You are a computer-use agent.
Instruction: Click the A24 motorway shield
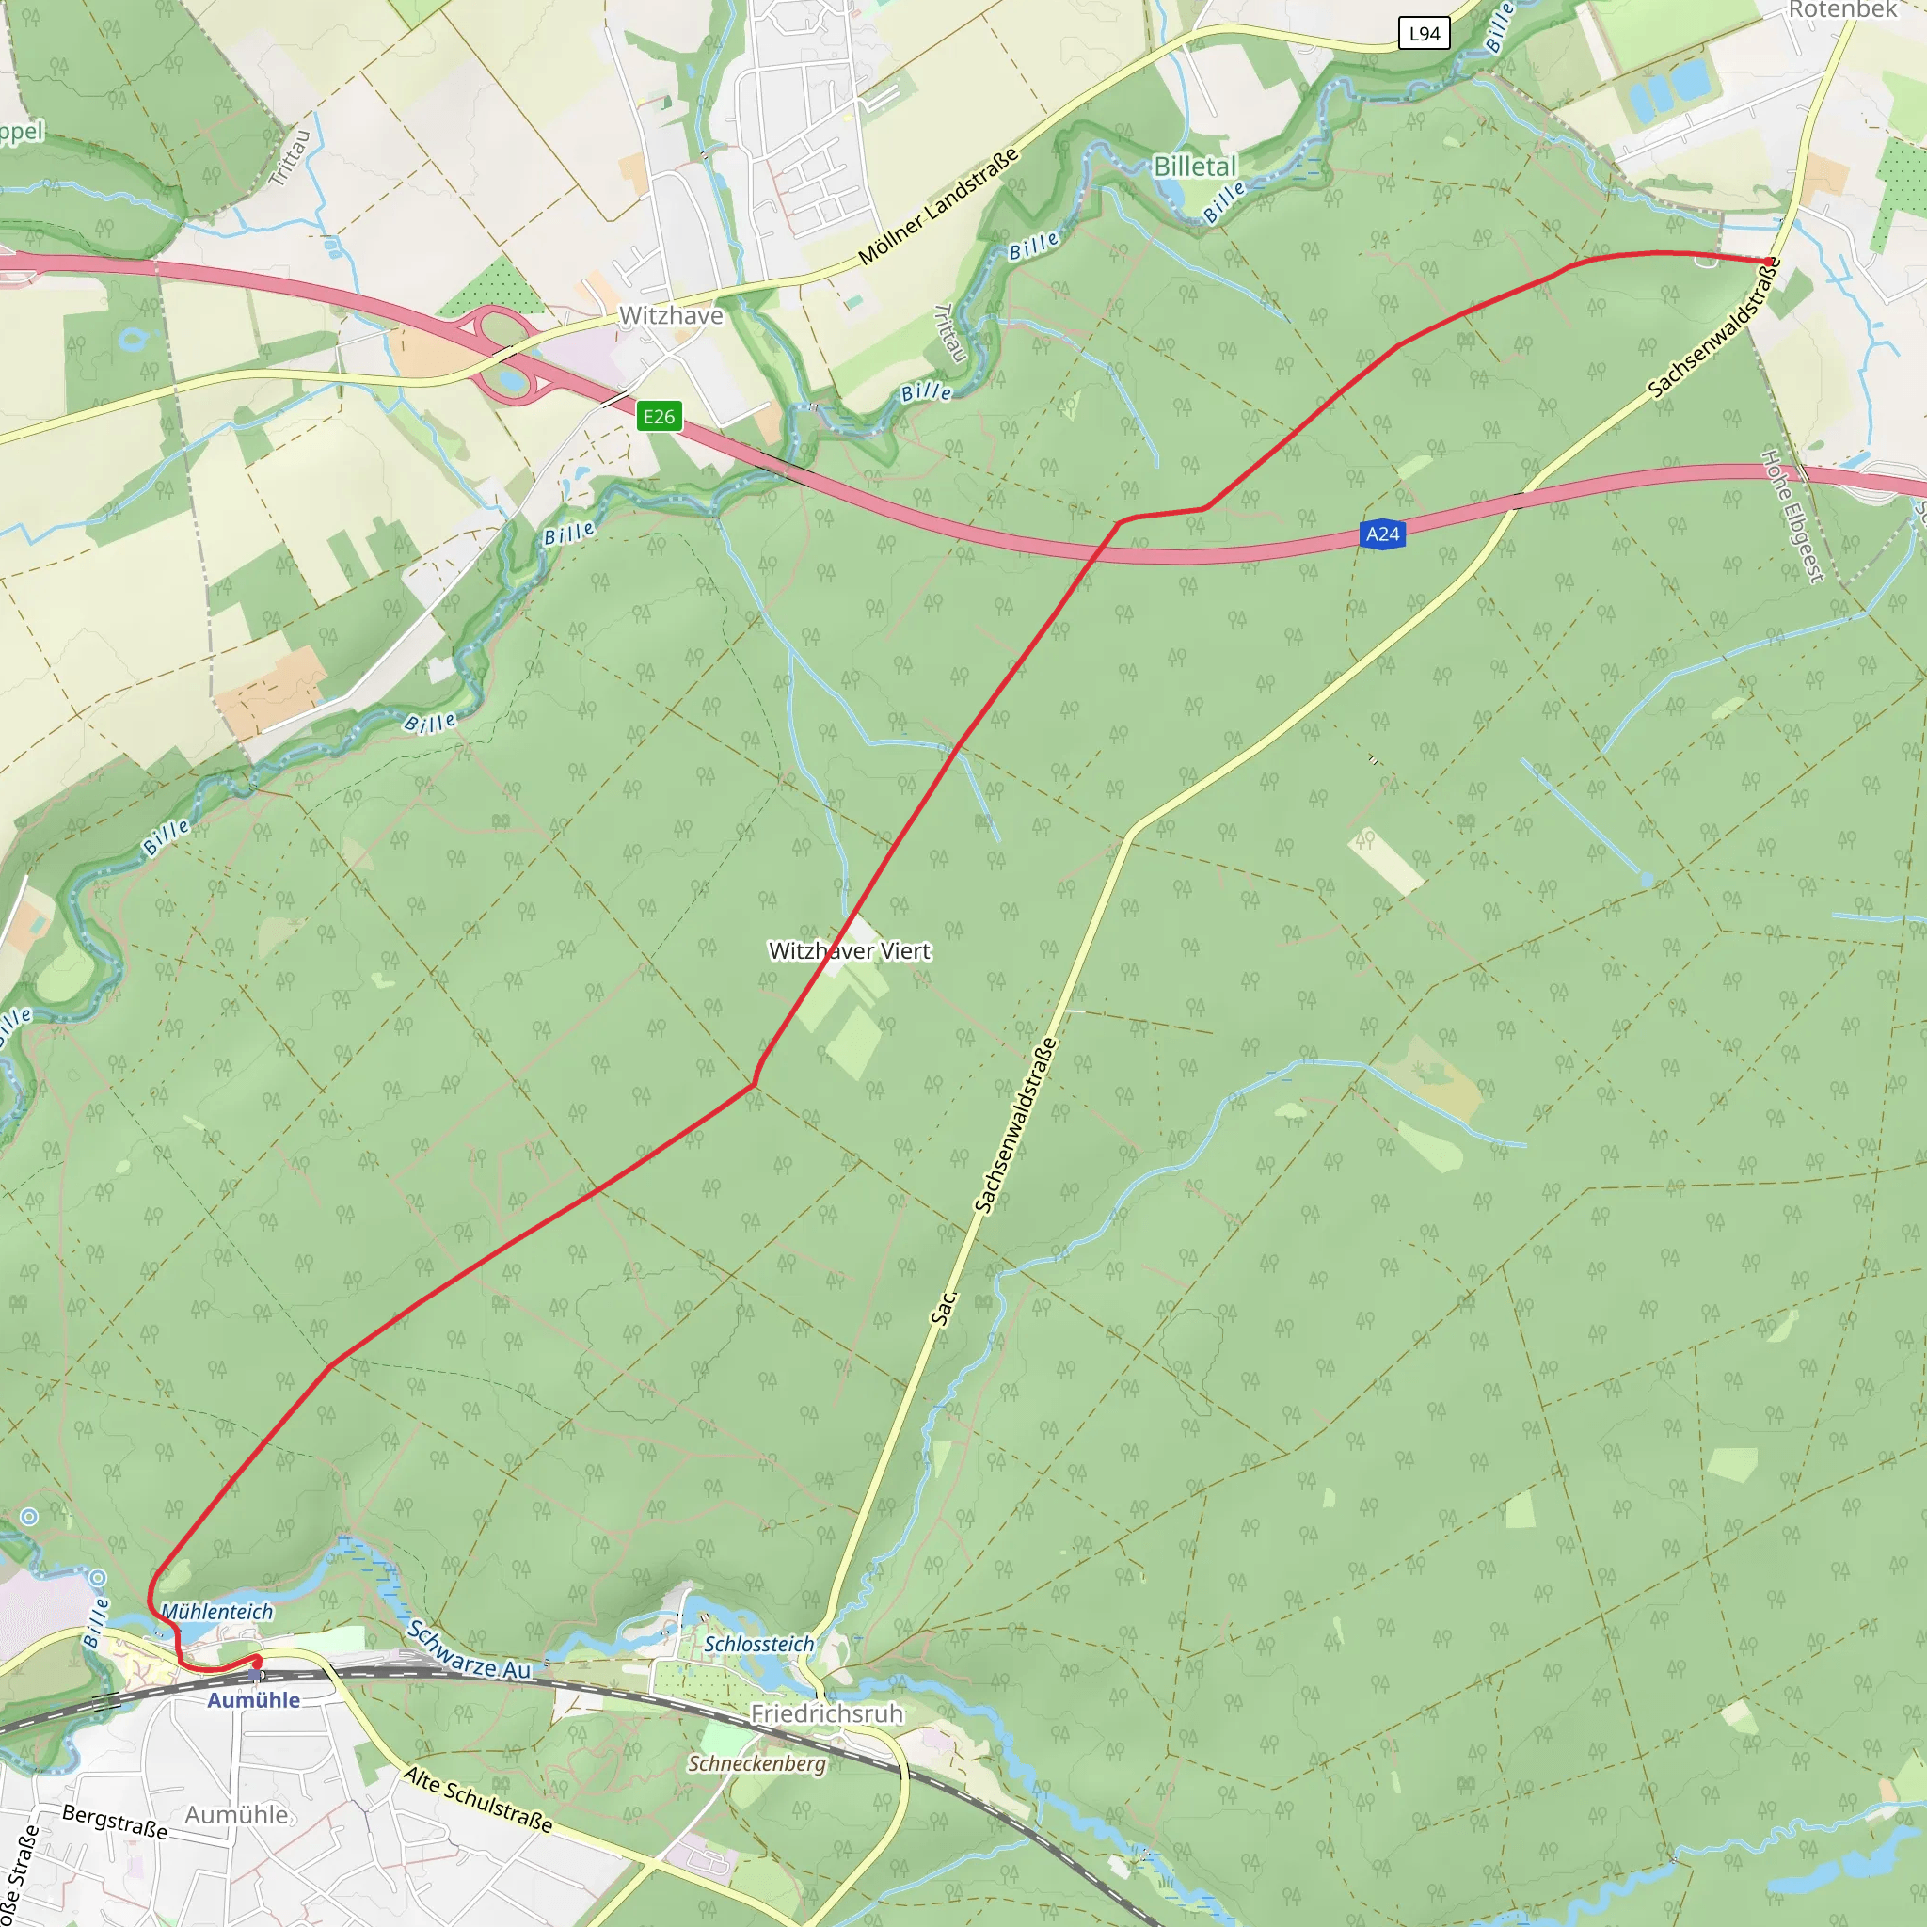tap(1381, 534)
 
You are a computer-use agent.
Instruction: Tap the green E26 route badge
tap(659, 417)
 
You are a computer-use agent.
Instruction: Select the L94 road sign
tap(1424, 34)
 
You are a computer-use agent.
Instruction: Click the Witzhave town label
tap(671, 316)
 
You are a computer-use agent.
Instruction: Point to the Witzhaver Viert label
tap(849, 951)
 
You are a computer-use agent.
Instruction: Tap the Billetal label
tap(1194, 167)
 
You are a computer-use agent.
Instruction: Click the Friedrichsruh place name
tap(826, 1713)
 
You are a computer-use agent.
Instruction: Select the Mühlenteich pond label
tap(216, 1612)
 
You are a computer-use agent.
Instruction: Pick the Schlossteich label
tap(759, 1644)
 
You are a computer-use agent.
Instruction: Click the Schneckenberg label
tap(757, 1763)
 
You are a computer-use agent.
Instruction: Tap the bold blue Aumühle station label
tap(253, 1700)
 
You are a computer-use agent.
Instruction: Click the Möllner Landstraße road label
tap(938, 206)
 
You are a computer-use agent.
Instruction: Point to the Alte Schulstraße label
tap(478, 1799)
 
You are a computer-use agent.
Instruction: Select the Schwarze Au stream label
tap(469, 1649)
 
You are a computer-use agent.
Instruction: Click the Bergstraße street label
tap(115, 1822)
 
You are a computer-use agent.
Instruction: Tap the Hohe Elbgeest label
tap(1792, 516)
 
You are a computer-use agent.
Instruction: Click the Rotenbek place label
tap(1842, 10)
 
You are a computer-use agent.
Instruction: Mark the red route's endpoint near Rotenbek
tap(1771, 263)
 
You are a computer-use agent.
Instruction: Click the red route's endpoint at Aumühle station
tap(257, 1661)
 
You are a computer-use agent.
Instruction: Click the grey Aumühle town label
tap(236, 1815)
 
